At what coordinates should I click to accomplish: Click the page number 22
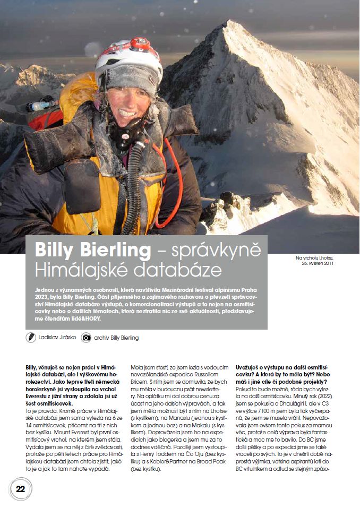tap(21, 489)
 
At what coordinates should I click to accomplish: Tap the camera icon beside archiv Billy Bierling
tap(85, 337)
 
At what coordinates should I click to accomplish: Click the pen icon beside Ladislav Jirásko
tap(31, 337)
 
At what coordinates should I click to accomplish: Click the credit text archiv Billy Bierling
tap(116, 338)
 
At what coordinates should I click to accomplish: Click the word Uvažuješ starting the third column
tap(250, 367)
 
